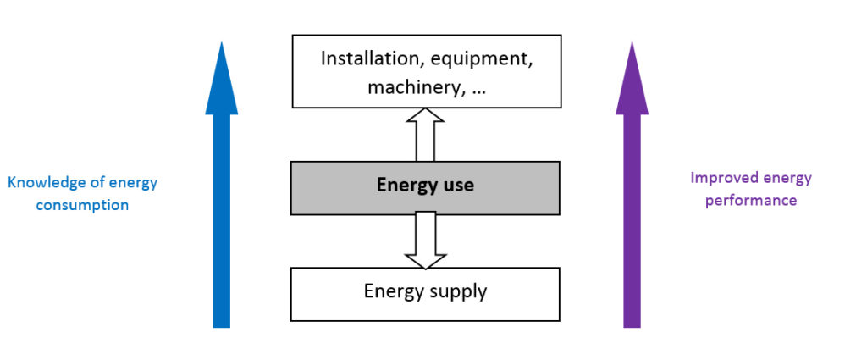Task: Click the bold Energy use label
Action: (425, 185)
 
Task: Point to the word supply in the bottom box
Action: (456, 292)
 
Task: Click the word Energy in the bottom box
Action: (392, 292)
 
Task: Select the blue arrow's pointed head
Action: (221, 80)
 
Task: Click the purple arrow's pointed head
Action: (631, 80)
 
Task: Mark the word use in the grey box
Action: (457, 185)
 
